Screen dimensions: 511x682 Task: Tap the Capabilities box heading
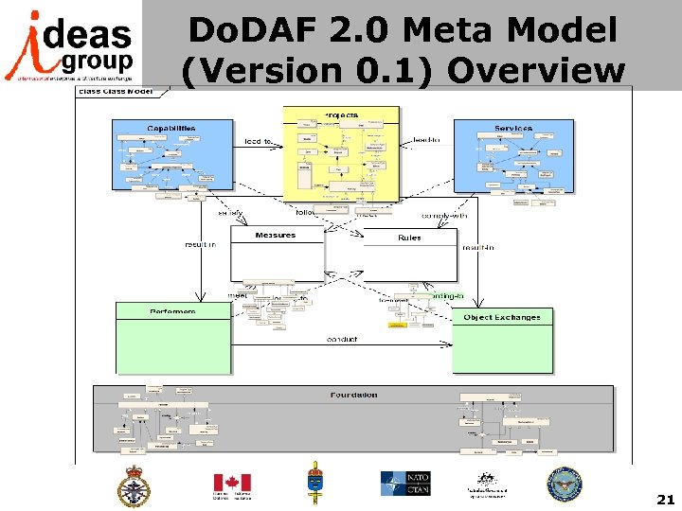coord(171,128)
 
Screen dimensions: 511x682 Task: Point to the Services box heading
coord(513,128)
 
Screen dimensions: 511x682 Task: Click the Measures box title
coord(275,235)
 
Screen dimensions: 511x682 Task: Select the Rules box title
coord(409,238)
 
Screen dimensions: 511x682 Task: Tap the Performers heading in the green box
coord(172,311)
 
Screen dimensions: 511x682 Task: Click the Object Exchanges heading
coord(502,317)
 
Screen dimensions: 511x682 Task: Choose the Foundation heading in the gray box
coord(354,395)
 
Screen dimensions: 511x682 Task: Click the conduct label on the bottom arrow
coord(342,339)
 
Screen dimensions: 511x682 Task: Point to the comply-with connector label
coord(443,215)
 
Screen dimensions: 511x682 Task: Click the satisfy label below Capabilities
coord(230,213)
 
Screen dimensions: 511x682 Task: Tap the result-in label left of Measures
coord(200,244)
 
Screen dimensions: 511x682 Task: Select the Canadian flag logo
coord(231,485)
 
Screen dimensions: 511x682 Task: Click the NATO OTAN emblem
coord(406,485)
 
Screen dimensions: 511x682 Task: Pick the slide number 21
coord(665,499)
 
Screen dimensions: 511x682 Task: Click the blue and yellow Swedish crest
coord(315,484)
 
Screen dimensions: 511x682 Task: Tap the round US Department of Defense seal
coord(564,485)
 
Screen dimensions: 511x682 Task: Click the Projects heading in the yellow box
coord(341,115)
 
